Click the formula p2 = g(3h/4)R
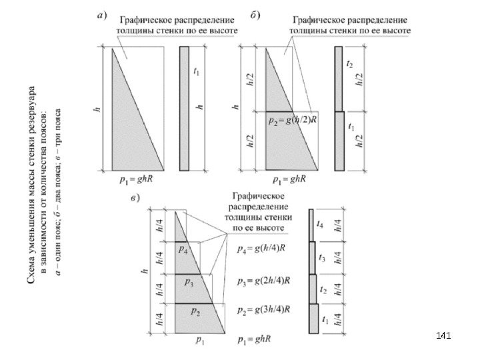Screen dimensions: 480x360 [264, 311]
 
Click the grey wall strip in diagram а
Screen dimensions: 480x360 [185, 107]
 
